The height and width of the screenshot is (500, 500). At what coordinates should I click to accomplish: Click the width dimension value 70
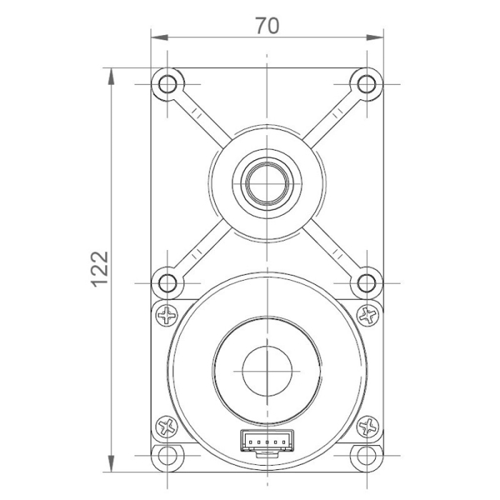point(266,26)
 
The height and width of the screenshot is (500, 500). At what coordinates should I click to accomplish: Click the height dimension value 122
point(100,268)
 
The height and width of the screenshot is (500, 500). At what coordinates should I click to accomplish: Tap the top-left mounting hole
point(168,84)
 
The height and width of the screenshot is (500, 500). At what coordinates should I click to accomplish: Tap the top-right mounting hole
point(366,84)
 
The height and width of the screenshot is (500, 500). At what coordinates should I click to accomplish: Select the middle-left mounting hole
point(168,281)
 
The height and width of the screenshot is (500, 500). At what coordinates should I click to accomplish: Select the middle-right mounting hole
point(366,281)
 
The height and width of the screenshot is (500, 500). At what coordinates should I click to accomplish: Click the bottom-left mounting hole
point(168,456)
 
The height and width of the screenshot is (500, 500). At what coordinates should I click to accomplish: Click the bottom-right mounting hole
point(366,456)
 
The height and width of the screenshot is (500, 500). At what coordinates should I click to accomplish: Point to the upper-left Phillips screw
point(169,314)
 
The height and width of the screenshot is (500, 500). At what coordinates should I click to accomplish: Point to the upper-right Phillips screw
point(367,314)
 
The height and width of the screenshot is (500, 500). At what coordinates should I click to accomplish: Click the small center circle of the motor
point(266,371)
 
